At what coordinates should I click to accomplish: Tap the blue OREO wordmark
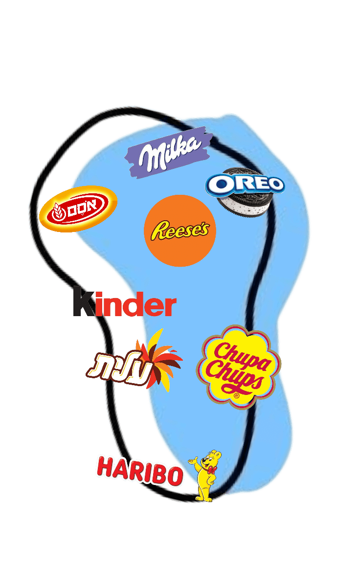tap(245, 184)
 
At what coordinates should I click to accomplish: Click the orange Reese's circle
tap(180, 230)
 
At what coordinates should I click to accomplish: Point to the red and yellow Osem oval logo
tap(78, 209)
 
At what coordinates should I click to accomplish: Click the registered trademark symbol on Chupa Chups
tap(237, 395)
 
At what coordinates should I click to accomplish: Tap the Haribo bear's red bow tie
tap(210, 470)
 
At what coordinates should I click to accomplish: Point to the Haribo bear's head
tap(213, 459)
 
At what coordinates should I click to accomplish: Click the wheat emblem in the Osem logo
tap(58, 210)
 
